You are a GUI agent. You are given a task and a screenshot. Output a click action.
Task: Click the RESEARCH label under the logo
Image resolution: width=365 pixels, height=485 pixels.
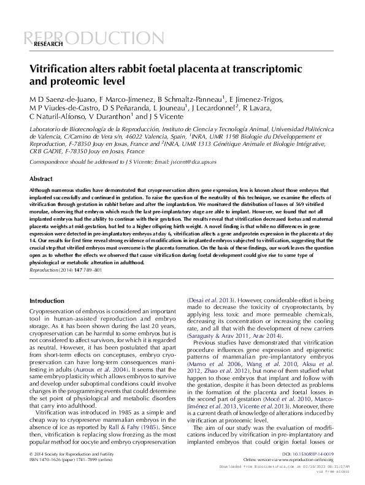[48, 45]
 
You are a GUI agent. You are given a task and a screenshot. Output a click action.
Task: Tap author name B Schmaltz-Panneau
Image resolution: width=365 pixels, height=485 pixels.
[190, 99]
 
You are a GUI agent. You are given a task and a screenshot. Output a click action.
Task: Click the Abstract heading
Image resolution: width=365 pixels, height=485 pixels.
[41, 178]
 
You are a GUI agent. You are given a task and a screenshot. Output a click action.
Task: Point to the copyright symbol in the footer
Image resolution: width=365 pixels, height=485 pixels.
[31, 454]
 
